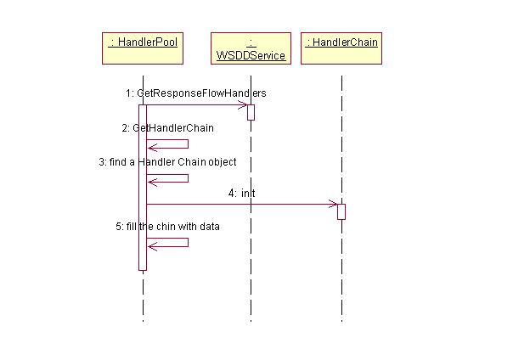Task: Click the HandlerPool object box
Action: [x=143, y=48]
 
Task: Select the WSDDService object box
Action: [x=251, y=48]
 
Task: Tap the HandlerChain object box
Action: [x=341, y=43]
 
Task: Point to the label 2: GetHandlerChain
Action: [x=167, y=127]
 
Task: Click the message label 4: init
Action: [x=241, y=194]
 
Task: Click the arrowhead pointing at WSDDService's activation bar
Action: [x=243, y=105]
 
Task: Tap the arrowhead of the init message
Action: [x=333, y=204]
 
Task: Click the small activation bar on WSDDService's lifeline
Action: [x=251, y=112]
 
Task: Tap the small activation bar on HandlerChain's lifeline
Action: [x=341, y=211]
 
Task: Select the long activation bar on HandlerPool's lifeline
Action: [x=143, y=187]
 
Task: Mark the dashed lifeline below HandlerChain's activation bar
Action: [x=341, y=272]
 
